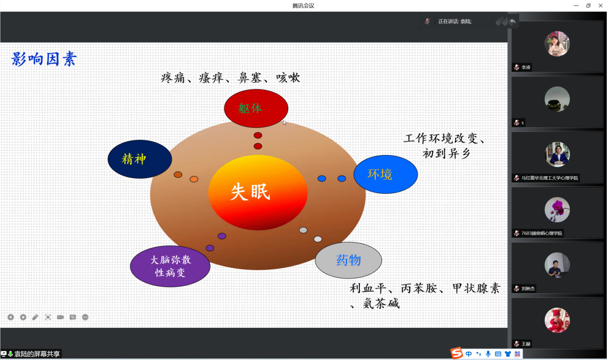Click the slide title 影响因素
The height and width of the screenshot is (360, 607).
pyautogui.click(x=44, y=59)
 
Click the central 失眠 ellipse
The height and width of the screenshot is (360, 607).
pyautogui.click(x=257, y=192)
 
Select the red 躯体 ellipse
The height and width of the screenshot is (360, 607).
pyautogui.click(x=256, y=108)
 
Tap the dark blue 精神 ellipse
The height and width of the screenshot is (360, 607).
pyautogui.click(x=139, y=159)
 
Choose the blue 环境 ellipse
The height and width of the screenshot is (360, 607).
pyautogui.click(x=386, y=174)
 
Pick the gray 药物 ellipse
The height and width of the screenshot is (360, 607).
pyautogui.click(x=348, y=260)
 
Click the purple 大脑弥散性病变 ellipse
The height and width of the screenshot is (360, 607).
pyautogui.click(x=170, y=266)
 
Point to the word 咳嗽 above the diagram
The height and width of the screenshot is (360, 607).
pyautogui.click(x=288, y=78)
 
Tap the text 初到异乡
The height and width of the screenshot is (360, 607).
pyautogui.click(x=446, y=154)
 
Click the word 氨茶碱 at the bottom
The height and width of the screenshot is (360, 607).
pyautogui.click(x=381, y=304)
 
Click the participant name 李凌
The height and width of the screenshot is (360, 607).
pyautogui.click(x=525, y=67)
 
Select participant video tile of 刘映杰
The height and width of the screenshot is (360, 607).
pyautogui.click(x=557, y=267)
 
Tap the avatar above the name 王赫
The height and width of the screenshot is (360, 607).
pyautogui.click(x=557, y=320)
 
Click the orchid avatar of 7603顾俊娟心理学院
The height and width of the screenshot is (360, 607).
pyautogui.click(x=557, y=209)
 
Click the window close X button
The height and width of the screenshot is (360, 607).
pyautogui.click(x=600, y=6)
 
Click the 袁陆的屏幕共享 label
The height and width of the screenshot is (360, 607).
pyautogui.click(x=37, y=354)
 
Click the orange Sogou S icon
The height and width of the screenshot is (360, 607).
pyautogui.click(x=457, y=353)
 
